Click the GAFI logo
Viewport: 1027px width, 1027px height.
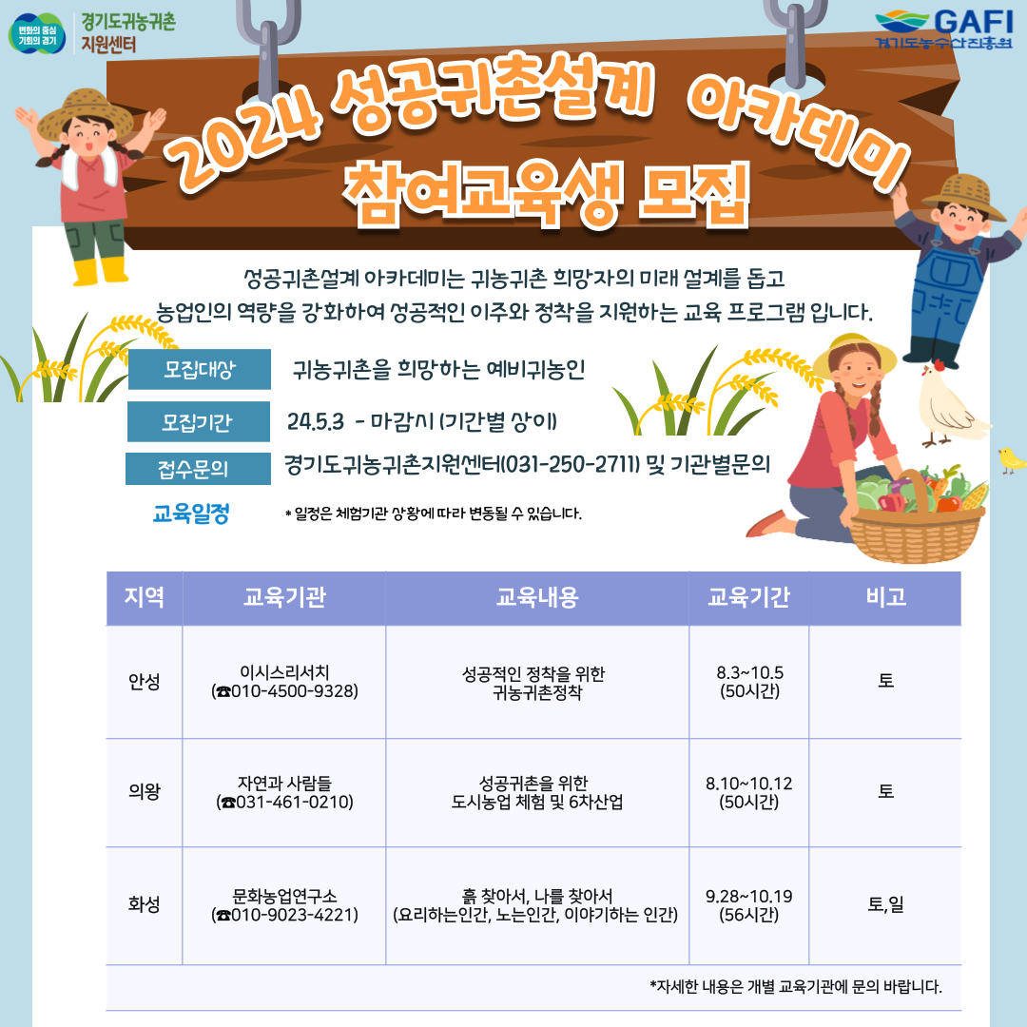click(x=944, y=29)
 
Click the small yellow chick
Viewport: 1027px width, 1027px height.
click(x=1012, y=460)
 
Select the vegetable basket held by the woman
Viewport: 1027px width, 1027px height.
click(x=917, y=517)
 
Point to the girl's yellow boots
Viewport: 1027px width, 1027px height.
click(x=101, y=270)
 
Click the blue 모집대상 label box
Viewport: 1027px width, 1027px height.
click(x=199, y=369)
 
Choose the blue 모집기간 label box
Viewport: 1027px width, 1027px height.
click(x=198, y=422)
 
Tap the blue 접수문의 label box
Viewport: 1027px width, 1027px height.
click(x=198, y=469)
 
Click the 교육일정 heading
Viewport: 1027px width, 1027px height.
click(x=191, y=513)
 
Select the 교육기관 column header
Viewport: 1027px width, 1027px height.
click(x=284, y=597)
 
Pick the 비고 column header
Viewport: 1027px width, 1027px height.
click(x=885, y=597)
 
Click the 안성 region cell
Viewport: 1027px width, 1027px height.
click(x=145, y=682)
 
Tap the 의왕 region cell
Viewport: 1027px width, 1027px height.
click(x=145, y=792)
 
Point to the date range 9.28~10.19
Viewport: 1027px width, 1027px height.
click(x=748, y=896)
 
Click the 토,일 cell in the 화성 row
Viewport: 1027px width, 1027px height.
click(x=885, y=904)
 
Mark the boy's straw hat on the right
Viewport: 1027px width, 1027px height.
click(x=969, y=197)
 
